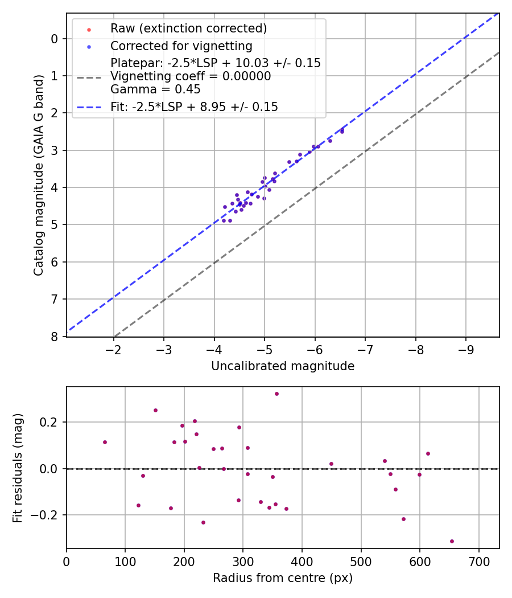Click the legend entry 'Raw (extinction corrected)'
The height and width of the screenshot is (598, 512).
click(188, 28)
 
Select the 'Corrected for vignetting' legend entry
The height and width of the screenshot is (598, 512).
click(181, 46)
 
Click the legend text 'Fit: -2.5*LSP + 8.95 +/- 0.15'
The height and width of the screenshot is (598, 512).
click(194, 107)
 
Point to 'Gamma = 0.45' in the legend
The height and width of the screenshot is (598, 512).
click(155, 89)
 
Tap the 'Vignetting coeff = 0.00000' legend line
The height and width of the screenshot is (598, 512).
click(191, 76)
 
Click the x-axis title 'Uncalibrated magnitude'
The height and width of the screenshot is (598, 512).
click(283, 366)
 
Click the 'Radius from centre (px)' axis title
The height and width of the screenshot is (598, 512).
click(283, 578)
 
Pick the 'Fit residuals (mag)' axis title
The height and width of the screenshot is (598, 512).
click(18, 468)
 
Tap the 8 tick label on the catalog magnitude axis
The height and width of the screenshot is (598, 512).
click(55, 337)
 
